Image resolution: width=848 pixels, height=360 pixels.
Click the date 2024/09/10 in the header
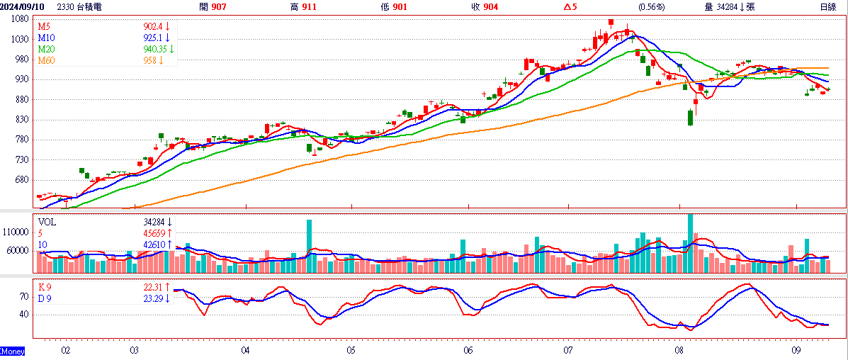pyautogui.click(x=23, y=6)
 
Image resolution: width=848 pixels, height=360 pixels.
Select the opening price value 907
pyautogui.click(x=220, y=6)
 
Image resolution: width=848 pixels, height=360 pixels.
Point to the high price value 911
pyautogui.click(x=310, y=6)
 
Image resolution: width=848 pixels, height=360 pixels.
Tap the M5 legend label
pyautogui.click(x=43, y=26)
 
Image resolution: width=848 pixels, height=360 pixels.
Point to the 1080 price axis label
pyautogui.click(x=19, y=18)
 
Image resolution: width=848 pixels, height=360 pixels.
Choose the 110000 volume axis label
pyautogui.click(x=16, y=232)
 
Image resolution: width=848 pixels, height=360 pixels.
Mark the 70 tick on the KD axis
pyautogui.click(x=24, y=297)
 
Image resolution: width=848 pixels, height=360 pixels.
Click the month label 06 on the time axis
pyautogui.click(x=468, y=350)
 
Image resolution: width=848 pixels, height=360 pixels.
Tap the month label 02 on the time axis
pyautogui.click(x=66, y=350)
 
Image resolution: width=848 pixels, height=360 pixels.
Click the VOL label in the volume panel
pyautogui.click(x=47, y=222)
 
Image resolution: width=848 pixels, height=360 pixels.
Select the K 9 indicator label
pyautogui.click(x=45, y=287)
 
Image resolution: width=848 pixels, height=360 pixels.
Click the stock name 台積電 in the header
pyautogui.click(x=89, y=6)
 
